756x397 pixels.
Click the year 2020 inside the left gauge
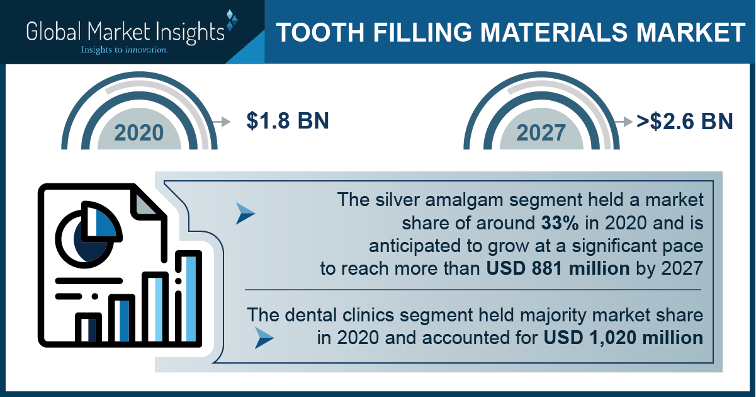(138, 133)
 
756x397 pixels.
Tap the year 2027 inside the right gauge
(541, 133)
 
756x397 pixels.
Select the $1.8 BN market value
(288, 120)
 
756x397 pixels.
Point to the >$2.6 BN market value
(684, 121)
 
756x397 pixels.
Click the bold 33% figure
(560, 223)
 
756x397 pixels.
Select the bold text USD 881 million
(558, 268)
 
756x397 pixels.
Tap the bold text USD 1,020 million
(623, 338)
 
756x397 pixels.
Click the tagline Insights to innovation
(124, 50)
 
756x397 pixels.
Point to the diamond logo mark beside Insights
(231, 20)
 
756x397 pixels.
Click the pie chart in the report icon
(88, 234)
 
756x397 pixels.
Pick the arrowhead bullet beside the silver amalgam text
(245, 214)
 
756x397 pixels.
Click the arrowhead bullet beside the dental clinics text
(264, 338)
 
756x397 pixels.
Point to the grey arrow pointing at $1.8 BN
(222, 121)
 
